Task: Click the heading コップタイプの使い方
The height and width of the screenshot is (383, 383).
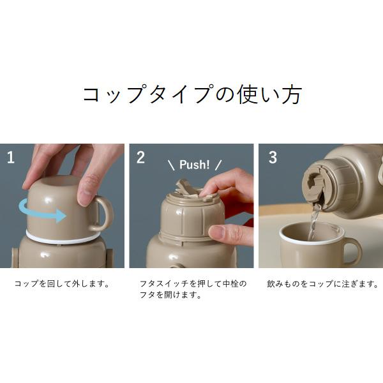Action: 191,94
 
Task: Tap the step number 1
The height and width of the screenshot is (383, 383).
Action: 11,158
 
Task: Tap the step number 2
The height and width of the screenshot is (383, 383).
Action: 140,158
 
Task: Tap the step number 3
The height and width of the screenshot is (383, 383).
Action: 273,158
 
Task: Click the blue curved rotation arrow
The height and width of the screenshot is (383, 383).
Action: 41,211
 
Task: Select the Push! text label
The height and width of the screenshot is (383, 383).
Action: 194,165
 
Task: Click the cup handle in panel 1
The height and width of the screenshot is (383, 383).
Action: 103,214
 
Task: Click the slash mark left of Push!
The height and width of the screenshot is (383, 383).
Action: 171,165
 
